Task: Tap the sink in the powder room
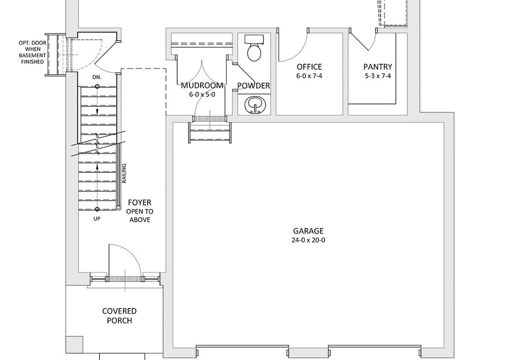click(x=254, y=105)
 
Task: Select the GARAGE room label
click(x=308, y=231)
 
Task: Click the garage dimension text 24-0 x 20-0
click(x=308, y=240)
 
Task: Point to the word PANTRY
click(x=377, y=67)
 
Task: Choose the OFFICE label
click(x=309, y=67)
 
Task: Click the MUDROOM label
click(x=202, y=86)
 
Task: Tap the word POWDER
click(x=254, y=86)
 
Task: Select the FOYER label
click(x=140, y=202)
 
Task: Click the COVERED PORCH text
click(x=119, y=316)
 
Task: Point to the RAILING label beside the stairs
click(x=124, y=173)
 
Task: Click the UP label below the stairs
click(x=97, y=219)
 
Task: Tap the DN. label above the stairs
click(x=97, y=78)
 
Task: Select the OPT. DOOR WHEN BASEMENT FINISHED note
click(x=33, y=52)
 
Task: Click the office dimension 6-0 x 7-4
click(x=309, y=76)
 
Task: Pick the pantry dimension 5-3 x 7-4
click(x=377, y=76)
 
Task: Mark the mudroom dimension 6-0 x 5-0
click(x=202, y=95)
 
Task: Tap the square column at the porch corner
click(x=74, y=344)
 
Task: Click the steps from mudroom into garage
click(x=210, y=129)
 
